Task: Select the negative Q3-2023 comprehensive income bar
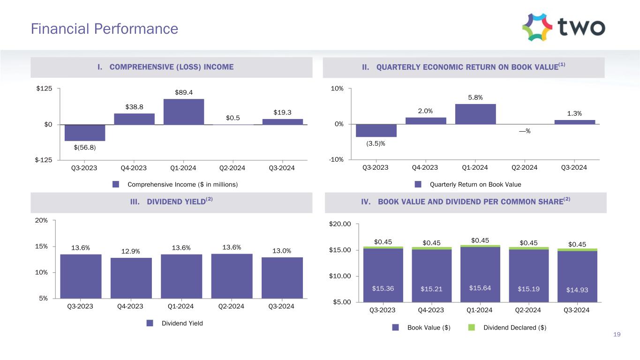coord(85,133)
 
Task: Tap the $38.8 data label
coord(135,107)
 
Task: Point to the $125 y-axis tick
coord(45,89)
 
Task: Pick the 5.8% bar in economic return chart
coord(475,114)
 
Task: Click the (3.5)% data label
coord(376,143)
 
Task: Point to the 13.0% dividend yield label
coord(282,251)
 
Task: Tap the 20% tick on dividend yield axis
coord(42,220)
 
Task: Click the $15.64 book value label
coord(480,287)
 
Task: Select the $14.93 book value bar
coord(577,277)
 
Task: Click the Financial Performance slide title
coord(104,29)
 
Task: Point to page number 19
coord(617,334)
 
